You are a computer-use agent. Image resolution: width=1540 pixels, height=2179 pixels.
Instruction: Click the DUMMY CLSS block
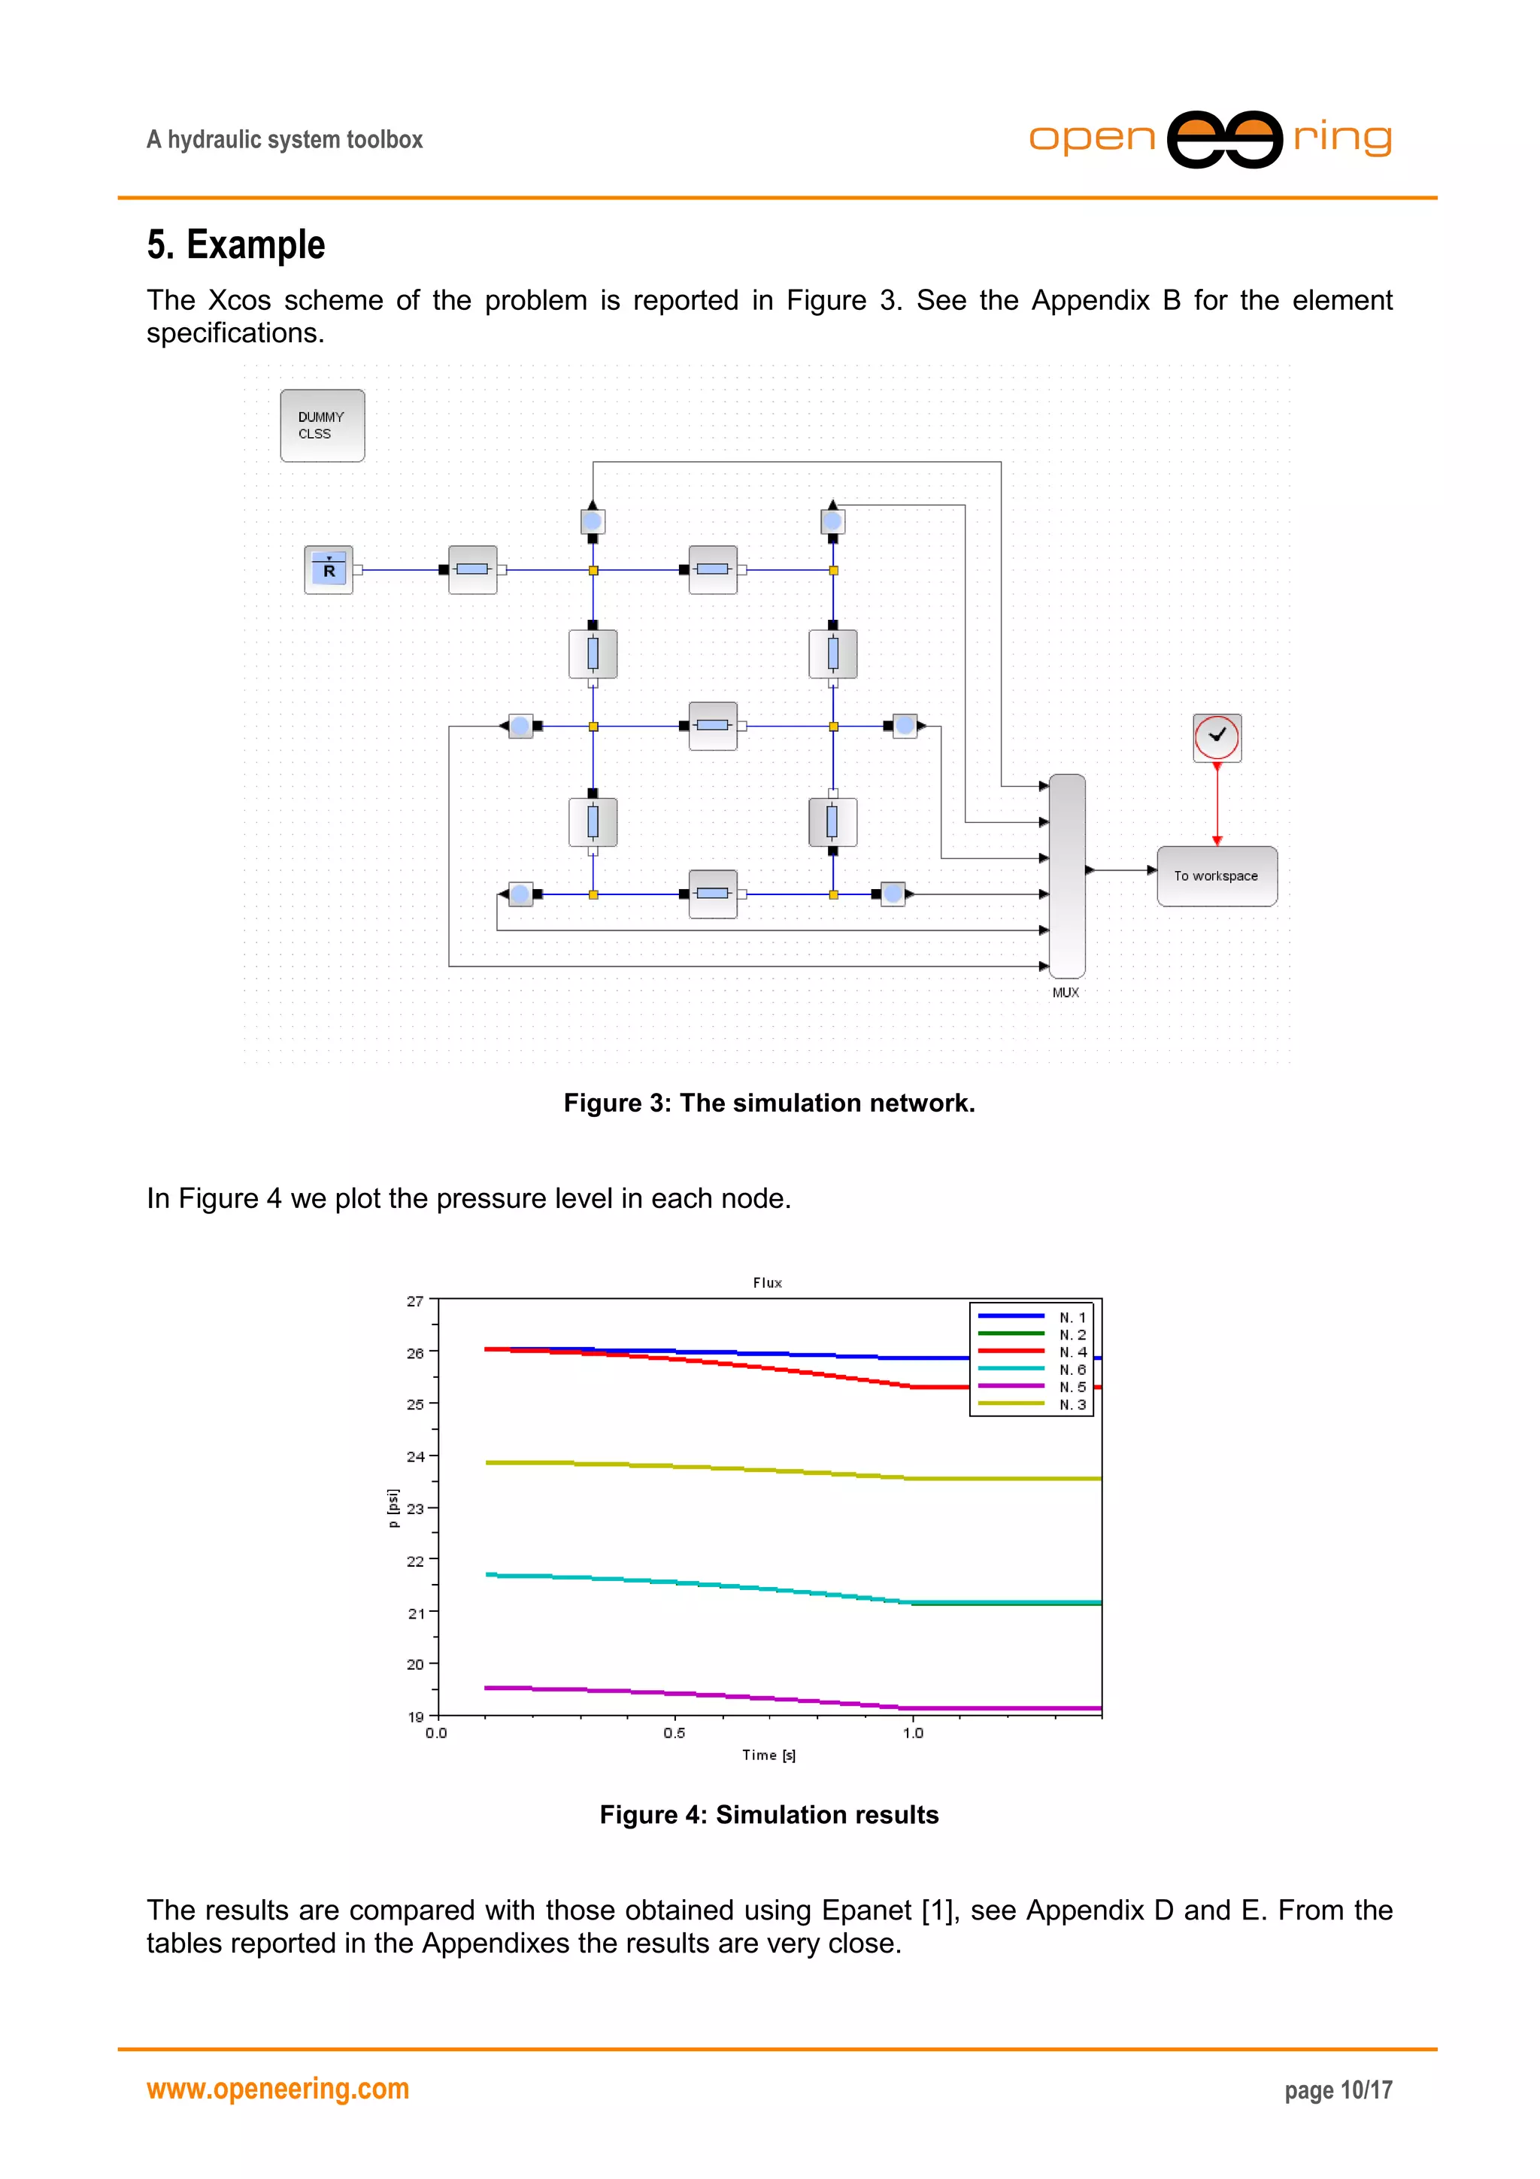click(322, 425)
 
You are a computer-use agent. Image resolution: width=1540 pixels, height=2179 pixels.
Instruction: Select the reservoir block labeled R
click(329, 569)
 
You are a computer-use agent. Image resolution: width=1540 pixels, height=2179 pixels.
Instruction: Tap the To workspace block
click(1217, 876)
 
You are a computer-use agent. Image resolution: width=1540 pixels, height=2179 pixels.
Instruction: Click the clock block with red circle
click(1217, 737)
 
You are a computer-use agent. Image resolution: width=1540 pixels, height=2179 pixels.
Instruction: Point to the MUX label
click(1065, 992)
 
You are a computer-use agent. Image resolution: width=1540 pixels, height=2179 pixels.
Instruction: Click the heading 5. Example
click(235, 245)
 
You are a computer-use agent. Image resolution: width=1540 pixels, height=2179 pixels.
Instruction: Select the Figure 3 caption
click(768, 1103)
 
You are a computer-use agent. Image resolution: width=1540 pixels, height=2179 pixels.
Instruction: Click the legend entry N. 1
click(1072, 1317)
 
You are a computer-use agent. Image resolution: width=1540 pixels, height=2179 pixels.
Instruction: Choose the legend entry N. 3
click(1072, 1404)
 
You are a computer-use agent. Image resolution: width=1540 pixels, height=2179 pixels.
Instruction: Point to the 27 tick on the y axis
click(416, 1301)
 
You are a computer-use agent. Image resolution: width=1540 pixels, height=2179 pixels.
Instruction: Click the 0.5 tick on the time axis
click(675, 1733)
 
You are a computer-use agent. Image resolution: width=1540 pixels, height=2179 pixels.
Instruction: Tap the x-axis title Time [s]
click(768, 1755)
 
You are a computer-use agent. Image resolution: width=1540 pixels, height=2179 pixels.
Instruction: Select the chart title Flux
click(768, 1282)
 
